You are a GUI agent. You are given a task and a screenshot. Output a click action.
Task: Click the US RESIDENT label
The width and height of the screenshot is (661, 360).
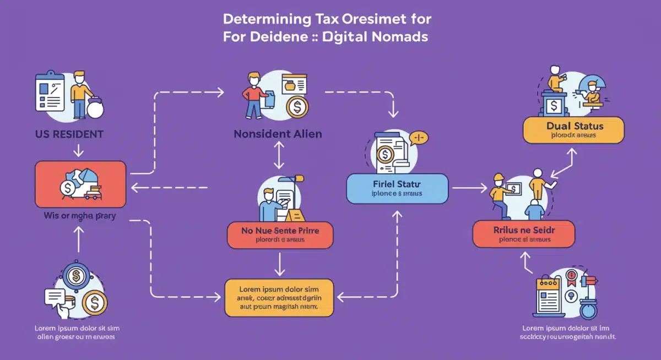[68, 134]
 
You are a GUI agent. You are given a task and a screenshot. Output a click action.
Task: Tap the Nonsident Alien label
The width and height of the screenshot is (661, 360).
[278, 134]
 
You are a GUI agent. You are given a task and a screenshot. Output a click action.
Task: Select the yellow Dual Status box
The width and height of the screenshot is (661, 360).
[573, 130]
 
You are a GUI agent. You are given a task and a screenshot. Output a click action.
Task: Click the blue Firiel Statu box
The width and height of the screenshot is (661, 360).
[397, 189]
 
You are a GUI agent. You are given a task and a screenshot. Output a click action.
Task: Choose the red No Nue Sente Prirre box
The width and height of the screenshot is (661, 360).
[280, 235]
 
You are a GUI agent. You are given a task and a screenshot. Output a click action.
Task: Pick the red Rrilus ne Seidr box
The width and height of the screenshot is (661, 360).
[523, 233]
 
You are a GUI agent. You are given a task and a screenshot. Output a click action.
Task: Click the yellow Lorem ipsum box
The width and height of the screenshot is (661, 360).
[279, 297]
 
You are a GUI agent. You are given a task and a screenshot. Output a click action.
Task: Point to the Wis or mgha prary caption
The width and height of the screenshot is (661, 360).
[80, 216]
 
